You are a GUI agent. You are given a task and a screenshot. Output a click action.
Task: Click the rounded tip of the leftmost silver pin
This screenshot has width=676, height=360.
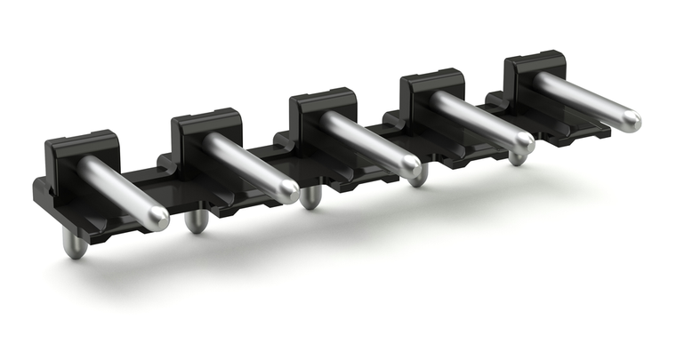click(158, 216)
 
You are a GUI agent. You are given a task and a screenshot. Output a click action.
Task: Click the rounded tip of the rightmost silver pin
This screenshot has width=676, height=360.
click(630, 120)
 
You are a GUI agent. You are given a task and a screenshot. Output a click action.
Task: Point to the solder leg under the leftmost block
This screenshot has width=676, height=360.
click(76, 246)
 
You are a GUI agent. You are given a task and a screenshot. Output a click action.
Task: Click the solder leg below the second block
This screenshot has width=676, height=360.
click(196, 221)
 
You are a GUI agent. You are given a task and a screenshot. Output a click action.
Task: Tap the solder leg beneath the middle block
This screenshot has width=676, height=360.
click(310, 197)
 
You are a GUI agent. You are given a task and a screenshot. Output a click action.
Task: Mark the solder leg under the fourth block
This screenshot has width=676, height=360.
click(418, 175)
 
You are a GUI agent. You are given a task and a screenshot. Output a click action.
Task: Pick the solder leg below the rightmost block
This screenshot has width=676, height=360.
click(517, 157)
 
